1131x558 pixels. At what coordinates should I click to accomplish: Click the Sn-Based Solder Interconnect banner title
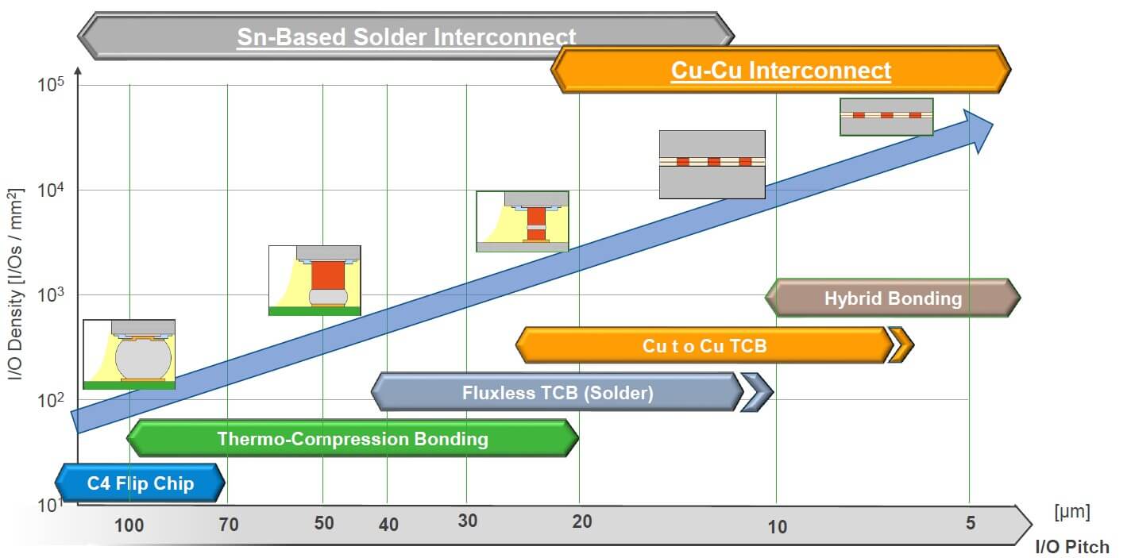pyautogui.click(x=406, y=37)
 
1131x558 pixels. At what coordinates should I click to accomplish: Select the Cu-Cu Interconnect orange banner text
pyautogui.click(x=781, y=70)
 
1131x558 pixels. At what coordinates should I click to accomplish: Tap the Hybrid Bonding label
pyautogui.click(x=893, y=298)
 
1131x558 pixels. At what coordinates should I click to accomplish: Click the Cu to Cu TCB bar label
pyautogui.click(x=704, y=345)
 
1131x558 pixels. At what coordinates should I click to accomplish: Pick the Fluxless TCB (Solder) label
pyautogui.click(x=558, y=392)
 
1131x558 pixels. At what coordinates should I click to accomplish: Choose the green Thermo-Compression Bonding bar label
pyautogui.click(x=353, y=438)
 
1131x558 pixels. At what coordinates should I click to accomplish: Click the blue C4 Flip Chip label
pyautogui.click(x=141, y=483)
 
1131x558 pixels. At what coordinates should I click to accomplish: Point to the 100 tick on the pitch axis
pyautogui.click(x=129, y=525)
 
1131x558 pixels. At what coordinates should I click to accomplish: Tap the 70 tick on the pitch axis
pyautogui.click(x=228, y=524)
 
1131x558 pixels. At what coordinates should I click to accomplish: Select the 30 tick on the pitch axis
pyautogui.click(x=467, y=521)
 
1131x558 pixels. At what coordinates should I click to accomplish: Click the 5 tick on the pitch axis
pyautogui.click(x=970, y=522)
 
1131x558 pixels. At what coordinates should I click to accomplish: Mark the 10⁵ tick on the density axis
pyautogui.click(x=50, y=85)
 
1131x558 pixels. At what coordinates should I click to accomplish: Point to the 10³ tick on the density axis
pyautogui.click(x=50, y=294)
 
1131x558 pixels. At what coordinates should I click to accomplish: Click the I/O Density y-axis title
pyautogui.click(x=15, y=283)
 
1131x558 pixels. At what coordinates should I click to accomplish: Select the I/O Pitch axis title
pyautogui.click(x=1072, y=547)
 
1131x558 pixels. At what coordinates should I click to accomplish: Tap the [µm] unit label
pyautogui.click(x=1071, y=512)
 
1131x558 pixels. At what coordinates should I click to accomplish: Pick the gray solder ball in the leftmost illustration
pyautogui.click(x=143, y=360)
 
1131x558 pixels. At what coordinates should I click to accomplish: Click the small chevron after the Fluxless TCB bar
pyautogui.click(x=756, y=392)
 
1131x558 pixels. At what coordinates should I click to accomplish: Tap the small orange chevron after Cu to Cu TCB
pyautogui.click(x=901, y=345)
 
